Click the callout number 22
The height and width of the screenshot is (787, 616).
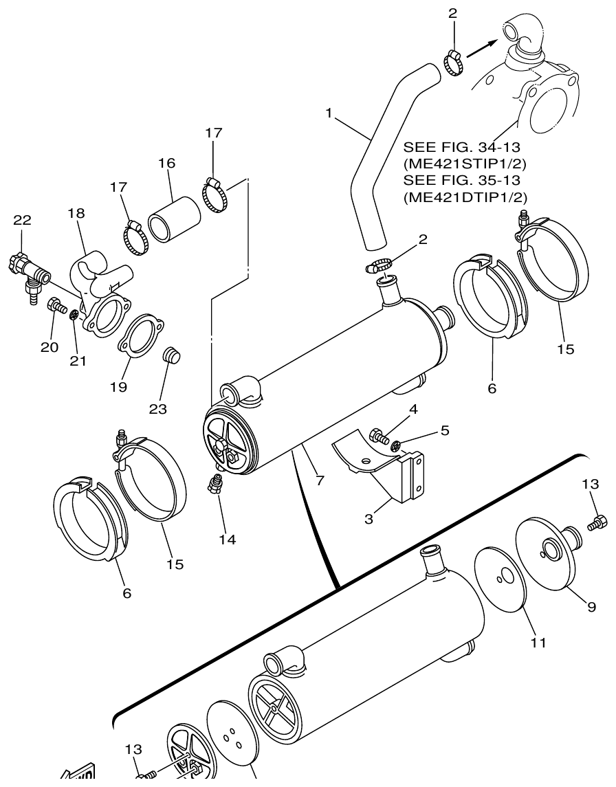point(22,220)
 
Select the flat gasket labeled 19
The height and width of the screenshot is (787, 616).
point(142,335)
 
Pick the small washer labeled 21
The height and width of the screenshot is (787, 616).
point(75,315)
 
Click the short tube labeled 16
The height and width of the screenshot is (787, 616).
point(174,219)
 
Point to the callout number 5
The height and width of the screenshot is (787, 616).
point(445,430)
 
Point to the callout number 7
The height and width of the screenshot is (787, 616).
point(320,480)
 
